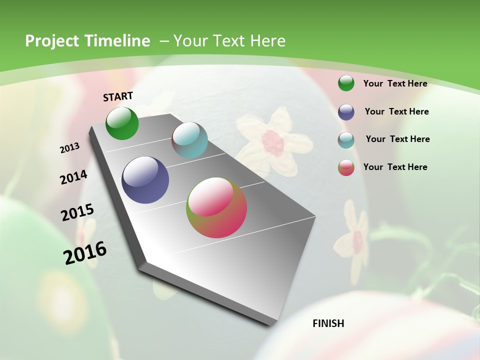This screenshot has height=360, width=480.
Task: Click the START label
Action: click(118, 96)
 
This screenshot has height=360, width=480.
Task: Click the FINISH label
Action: click(328, 323)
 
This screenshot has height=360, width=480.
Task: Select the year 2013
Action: click(69, 148)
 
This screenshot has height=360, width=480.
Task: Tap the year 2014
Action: click(73, 177)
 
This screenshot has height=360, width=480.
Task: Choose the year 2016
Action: click(85, 253)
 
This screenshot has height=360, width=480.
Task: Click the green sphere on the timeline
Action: click(122, 123)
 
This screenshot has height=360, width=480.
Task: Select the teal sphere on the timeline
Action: click(189, 140)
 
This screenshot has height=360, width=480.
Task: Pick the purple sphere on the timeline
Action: click(145, 180)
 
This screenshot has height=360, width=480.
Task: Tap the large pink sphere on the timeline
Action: click(216, 207)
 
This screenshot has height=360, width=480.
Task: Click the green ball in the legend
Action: click(346, 83)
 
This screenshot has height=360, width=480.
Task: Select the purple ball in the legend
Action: click(346, 112)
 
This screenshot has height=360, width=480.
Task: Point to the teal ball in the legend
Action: click(346, 140)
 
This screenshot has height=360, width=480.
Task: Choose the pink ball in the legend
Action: click(346, 167)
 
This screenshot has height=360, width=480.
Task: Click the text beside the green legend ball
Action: click(395, 83)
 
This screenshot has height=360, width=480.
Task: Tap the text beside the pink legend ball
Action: click(395, 167)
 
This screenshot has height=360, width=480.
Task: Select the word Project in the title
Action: click(52, 41)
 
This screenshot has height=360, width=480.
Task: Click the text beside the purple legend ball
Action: click(396, 111)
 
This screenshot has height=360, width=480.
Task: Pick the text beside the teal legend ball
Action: click(397, 139)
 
